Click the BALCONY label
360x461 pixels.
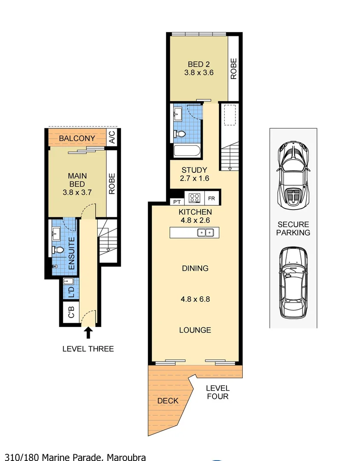coord(77,138)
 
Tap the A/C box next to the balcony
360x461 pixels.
coord(112,137)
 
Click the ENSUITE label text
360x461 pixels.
coord(72,253)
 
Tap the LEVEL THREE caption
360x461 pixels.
coord(88,349)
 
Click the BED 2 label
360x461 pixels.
coord(199,64)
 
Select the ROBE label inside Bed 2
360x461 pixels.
coord(234,68)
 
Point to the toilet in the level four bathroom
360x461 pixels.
coord(181,134)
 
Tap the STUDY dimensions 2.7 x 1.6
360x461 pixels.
coord(194,178)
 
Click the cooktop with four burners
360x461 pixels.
coord(195,198)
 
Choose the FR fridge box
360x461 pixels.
coord(212,198)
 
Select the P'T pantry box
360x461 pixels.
coord(176,201)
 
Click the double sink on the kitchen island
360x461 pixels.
coord(206,232)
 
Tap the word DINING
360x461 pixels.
coord(195,268)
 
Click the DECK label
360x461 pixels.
coord(168,400)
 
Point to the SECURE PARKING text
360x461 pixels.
coord(293,228)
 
